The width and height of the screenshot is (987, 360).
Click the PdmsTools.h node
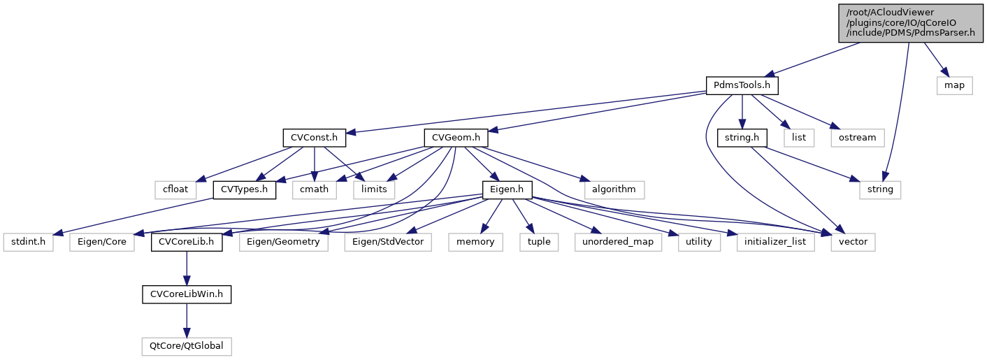point(742,85)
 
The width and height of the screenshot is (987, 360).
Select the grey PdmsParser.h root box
point(910,22)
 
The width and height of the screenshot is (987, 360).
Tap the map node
point(954,85)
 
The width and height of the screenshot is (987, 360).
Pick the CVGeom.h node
point(456,138)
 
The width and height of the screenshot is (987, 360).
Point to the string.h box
point(742,138)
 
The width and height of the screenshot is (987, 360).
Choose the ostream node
point(858,138)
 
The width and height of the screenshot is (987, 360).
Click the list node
point(799,138)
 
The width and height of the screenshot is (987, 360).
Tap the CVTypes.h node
point(244,189)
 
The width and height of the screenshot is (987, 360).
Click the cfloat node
point(174,189)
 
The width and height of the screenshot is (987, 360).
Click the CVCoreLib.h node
point(187,242)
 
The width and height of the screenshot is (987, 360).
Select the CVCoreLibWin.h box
point(187,294)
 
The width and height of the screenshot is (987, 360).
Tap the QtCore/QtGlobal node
point(187,346)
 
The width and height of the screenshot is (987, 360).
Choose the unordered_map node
point(618,242)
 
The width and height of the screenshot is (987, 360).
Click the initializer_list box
point(775,242)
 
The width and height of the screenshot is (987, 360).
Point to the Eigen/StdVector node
point(388,242)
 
